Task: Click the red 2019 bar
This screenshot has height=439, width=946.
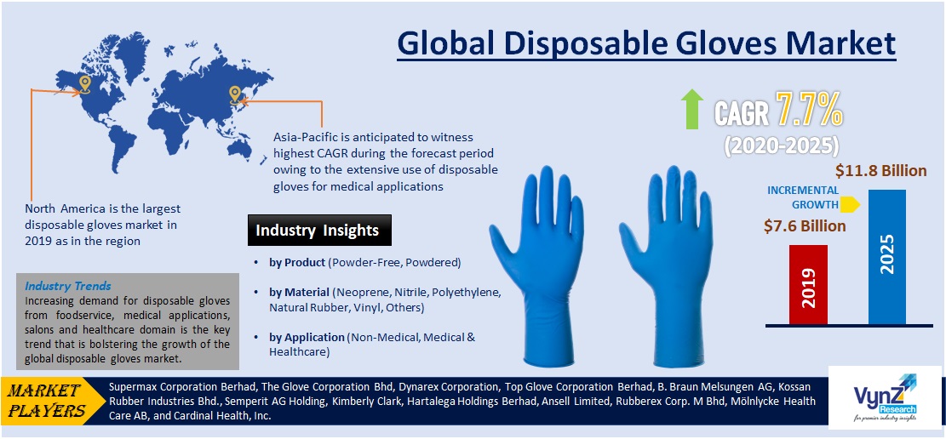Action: pos(808,284)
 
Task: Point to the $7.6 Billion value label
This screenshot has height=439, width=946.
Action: pos(805,225)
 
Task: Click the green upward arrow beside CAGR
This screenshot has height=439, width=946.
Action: pos(692,109)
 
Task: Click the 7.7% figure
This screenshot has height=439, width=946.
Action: pos(808,108)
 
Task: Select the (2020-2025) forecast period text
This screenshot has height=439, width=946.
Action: pos(782,144)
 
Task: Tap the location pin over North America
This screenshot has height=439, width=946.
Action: pos(84,83)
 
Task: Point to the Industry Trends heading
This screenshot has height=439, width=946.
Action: pos(68,286)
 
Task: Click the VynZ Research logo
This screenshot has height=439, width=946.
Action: pos(886,396)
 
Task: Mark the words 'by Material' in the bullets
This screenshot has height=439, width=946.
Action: pos(300,293)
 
